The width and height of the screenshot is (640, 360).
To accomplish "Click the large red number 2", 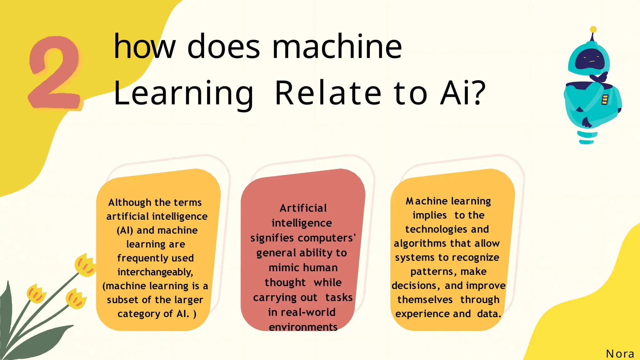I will [x=55, y=73].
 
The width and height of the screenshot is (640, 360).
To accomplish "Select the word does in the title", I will [x=223, y=47].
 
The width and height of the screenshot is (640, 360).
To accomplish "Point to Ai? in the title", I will [x=462, y=93].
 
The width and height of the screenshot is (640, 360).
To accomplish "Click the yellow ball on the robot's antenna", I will [x=593, y=29].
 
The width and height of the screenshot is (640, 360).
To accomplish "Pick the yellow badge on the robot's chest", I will [x=605, y=100].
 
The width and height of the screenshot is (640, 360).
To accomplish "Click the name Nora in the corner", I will [x=620, y=354].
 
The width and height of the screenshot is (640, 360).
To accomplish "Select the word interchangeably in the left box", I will [x=155, y=272].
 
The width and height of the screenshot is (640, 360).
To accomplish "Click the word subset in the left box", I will [x=122, y=300].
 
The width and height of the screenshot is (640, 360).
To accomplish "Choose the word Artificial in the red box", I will [x=303, y=208].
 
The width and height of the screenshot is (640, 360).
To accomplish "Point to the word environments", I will [x=303, y=327].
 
